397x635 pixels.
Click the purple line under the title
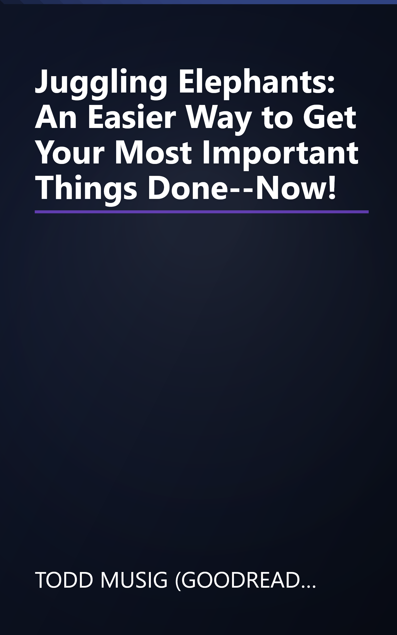202,212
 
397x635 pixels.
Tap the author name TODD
64,580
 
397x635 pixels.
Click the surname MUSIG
134,580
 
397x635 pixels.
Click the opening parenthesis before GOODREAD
178,580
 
